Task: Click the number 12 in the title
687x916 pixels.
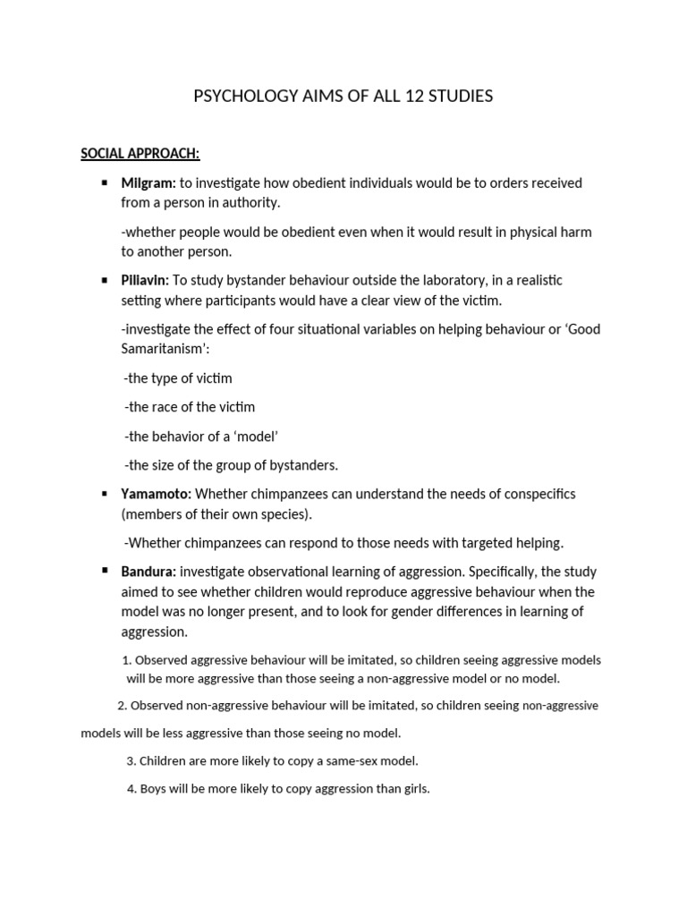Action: [419, 97]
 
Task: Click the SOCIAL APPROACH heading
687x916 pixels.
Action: [140, 154]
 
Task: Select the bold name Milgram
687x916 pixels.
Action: [148, 182]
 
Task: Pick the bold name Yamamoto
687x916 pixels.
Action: [156, 494]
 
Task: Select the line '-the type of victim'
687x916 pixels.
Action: [178, 378]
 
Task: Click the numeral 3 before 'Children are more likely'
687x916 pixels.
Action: [131, 761]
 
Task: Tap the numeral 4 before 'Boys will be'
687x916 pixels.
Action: [131, 789]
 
